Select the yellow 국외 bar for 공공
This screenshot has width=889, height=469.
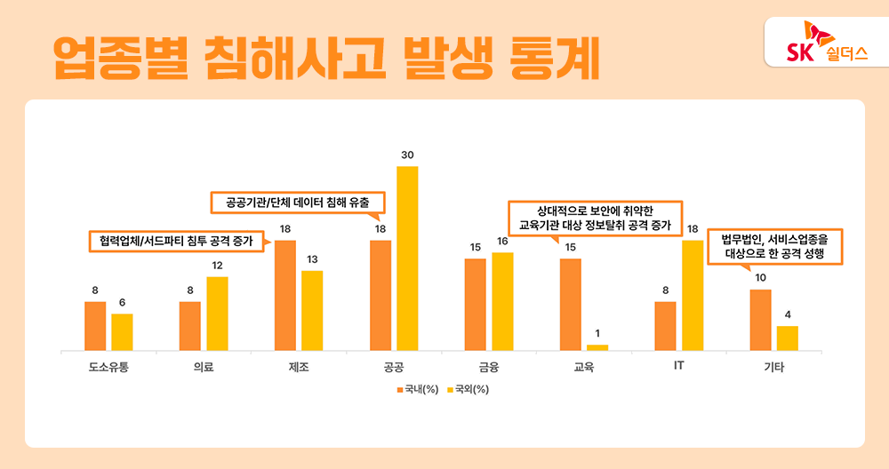click(x=407, y=258)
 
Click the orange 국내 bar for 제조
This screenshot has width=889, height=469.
click(x=285, y=295)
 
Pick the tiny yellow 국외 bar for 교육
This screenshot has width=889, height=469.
click(x=597, y=347)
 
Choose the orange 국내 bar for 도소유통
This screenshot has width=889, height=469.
click(x=95, y=326)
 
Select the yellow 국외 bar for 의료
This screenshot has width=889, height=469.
click(x=217, y=314)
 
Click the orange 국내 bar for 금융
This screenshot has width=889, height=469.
click(x=476, y=304)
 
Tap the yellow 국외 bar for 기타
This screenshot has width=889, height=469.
click(x=787, y=338)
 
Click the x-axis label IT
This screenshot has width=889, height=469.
click(x=678, y=366)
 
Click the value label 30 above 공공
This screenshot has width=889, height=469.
click(x=407, y=155)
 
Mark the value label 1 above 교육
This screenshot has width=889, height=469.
click(x=597, y=333)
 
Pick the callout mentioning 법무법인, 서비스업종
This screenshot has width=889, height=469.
click(x=773, y=246)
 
